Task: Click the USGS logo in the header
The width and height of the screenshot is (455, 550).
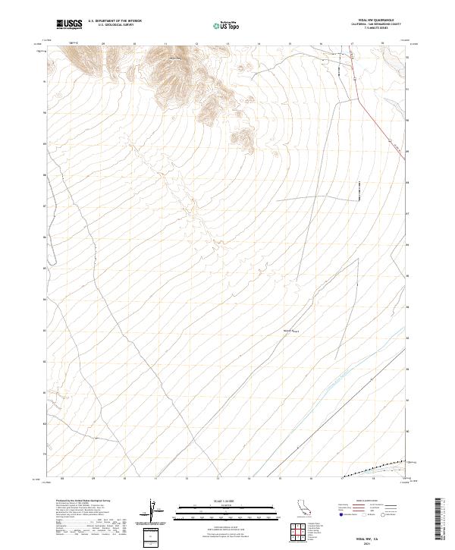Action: [x=69, y=24]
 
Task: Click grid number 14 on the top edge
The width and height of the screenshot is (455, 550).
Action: [x=259, y=44]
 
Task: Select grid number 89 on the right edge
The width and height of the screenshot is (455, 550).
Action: [x=409, y=151]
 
